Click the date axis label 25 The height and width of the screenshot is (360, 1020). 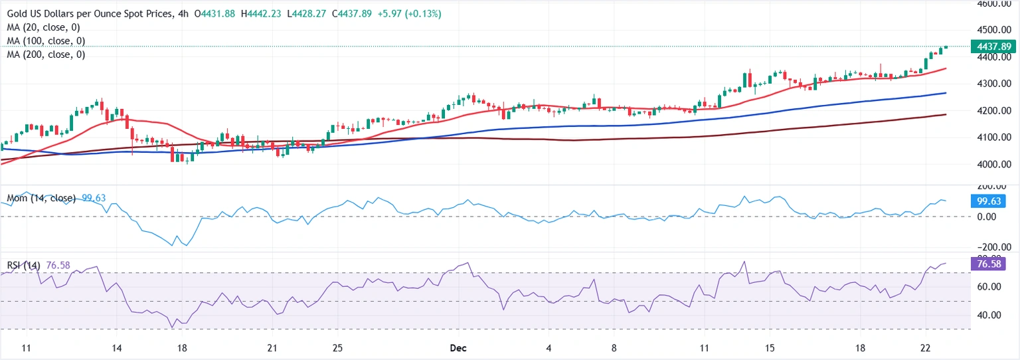337,348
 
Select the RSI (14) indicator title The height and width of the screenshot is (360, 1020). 24,266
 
